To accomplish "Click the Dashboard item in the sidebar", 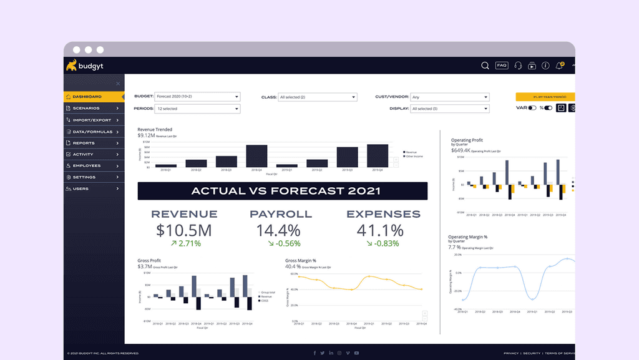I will (x=87, y=97).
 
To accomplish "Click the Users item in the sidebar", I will (x=81, y=188).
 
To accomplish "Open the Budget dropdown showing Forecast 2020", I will (x=197, y=97).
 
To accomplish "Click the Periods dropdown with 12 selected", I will (x=197, y=109).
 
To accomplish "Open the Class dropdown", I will (x=318, y=97).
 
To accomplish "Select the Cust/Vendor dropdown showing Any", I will (x=449, y=97).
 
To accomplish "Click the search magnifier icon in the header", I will (x=485, y=66).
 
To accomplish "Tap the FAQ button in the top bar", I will (x=502, y=66).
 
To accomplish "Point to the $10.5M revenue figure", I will (x=184, y=230).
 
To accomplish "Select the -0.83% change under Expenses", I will (x=383, y=243).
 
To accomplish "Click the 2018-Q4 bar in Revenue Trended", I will (x=256, y=156).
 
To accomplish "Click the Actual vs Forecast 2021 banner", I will (x=283, y=191).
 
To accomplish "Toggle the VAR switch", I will (x=532, y=108).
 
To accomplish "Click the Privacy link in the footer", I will (x=510, y=353).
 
